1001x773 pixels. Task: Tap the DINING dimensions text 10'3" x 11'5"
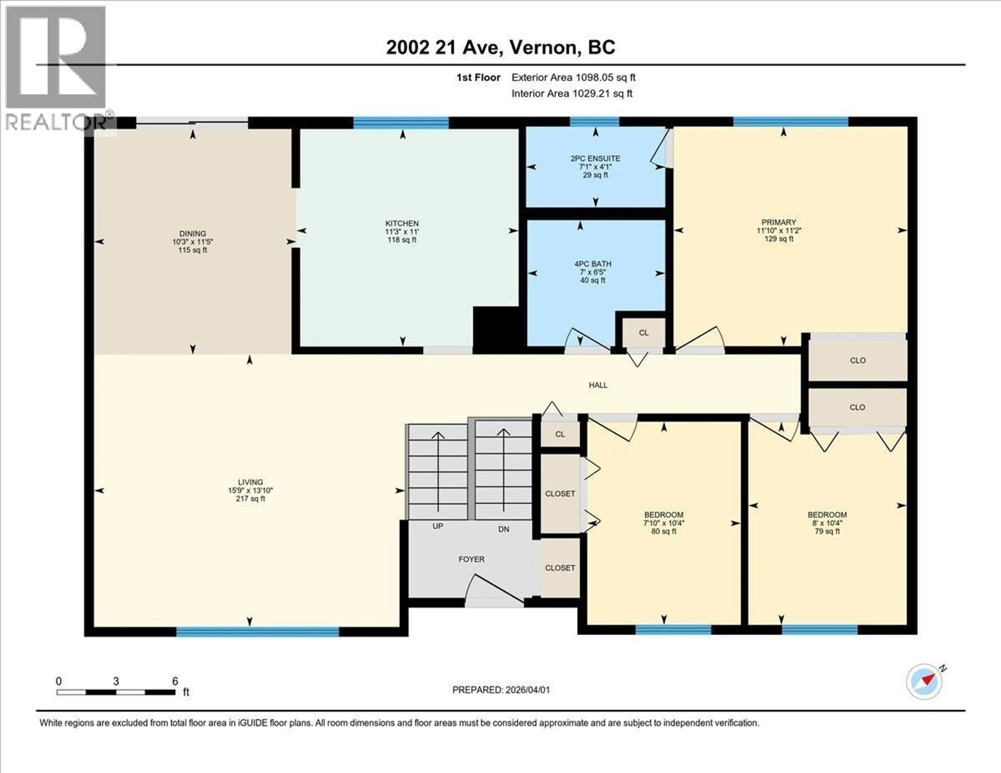point(192,242)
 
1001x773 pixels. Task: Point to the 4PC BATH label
point(593,264)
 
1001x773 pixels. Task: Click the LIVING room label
point(250,482)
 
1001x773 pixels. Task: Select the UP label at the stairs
point(438,526)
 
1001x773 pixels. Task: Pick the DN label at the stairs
point(503,529)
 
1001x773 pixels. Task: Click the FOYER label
point(471,559)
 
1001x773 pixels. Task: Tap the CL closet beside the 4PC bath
point(644,333)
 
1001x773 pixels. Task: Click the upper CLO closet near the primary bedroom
point(858,360)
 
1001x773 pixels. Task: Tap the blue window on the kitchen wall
point(401,122)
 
